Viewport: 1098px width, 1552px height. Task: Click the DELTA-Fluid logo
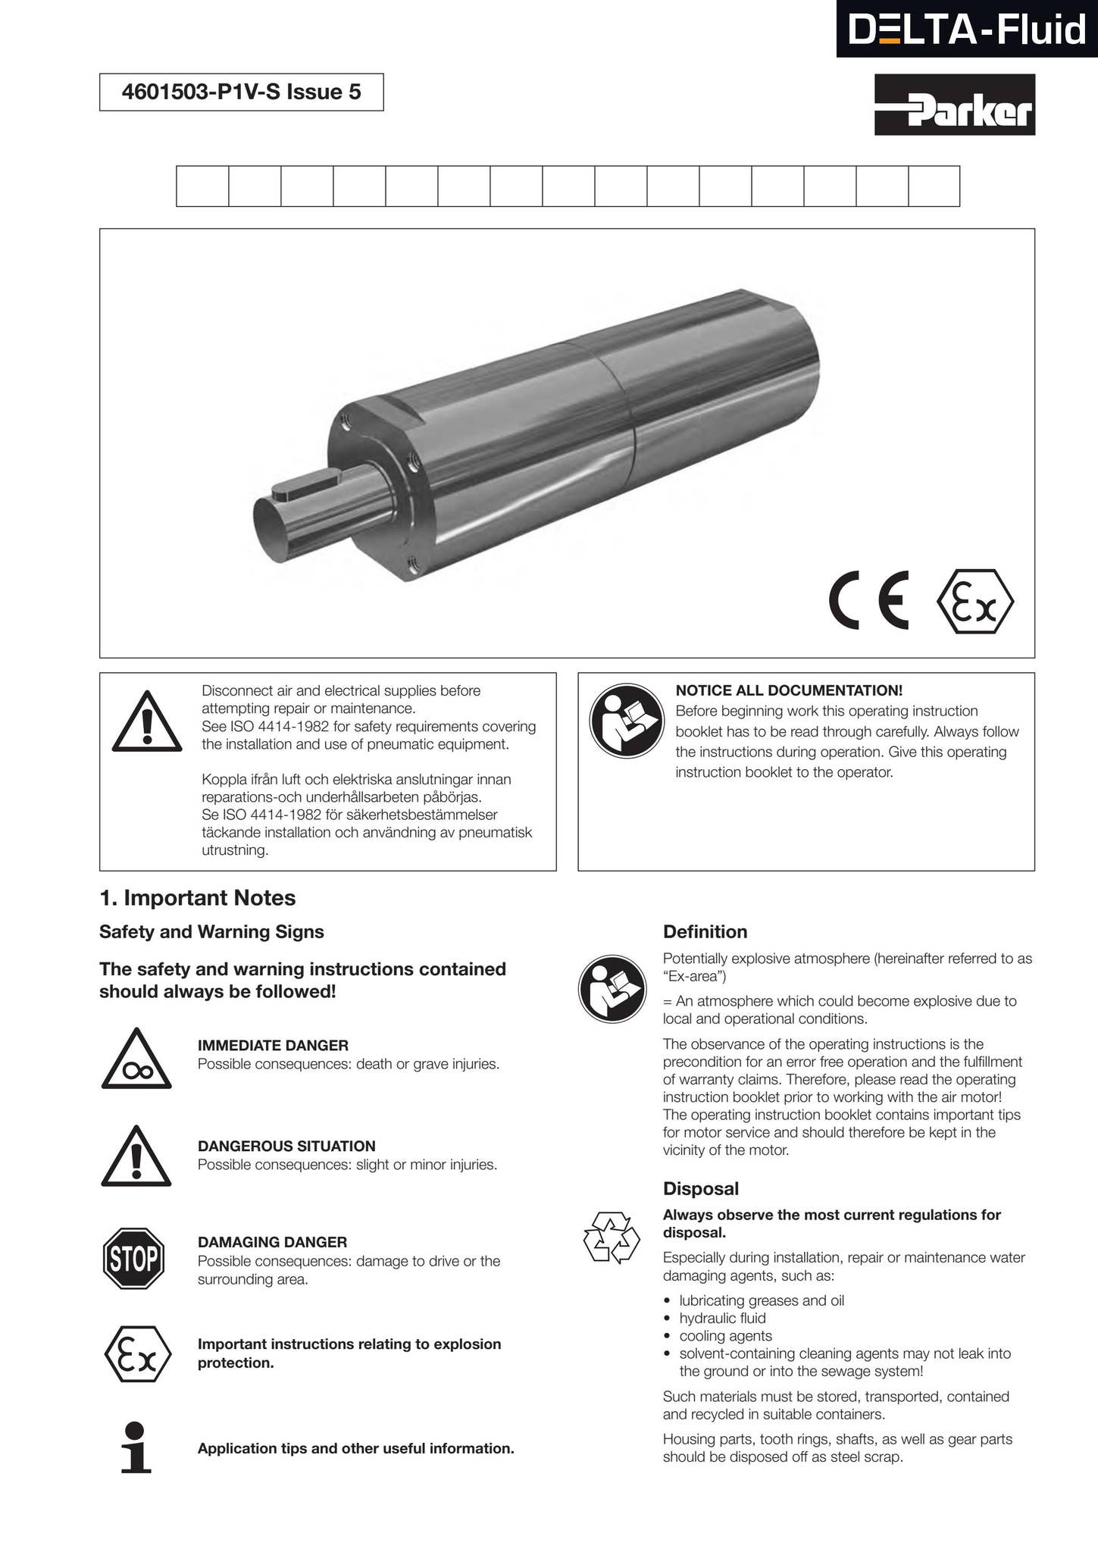[966, 30]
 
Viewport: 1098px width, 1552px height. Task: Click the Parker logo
[955, 105]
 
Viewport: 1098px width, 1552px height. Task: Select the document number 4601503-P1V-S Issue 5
[241, 92]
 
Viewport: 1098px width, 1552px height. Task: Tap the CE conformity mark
[868, 601]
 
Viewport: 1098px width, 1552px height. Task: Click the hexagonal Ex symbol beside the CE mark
[975, 602]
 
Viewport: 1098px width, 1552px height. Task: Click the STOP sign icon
[133, 1259]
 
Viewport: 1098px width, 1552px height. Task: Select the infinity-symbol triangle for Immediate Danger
[136, 1061]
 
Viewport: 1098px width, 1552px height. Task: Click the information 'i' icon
[136, 1447]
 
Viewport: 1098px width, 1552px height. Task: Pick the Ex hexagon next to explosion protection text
[137, 1354]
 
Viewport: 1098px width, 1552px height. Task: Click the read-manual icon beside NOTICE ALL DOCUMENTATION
[627, 721]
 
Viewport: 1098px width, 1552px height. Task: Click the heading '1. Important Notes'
[197, 898]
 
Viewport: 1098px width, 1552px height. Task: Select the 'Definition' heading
[705, 932]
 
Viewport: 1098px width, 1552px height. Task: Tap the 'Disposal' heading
[700, 1188]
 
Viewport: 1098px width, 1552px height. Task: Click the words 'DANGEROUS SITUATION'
[286, 1146]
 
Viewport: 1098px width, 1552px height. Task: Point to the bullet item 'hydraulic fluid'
[722, 1318]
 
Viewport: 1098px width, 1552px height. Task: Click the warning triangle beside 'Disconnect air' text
[146, 722]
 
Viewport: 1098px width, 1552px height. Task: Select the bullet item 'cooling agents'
[725, 1335]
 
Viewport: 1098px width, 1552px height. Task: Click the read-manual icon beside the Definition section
[612, 989]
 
